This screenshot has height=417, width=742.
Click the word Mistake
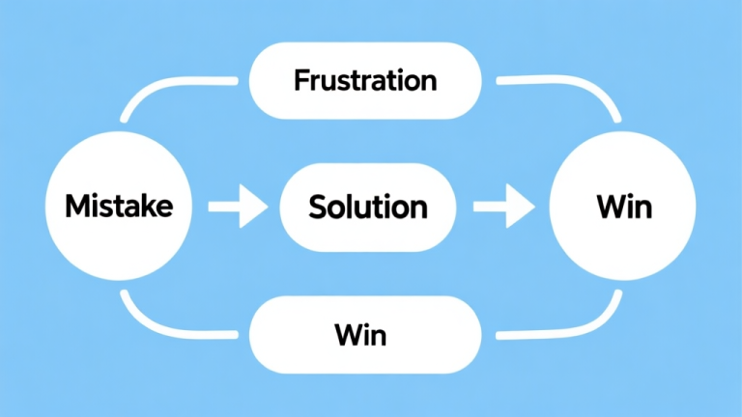(x=119, y=206)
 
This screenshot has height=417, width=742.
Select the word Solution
(x=367, y=206)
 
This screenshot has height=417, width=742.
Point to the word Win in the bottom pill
(x=360, y=336)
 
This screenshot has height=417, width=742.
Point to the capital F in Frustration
(x=301, y=79)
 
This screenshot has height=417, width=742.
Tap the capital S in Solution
(x=317, y=206)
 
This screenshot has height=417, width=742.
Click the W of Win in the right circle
(x=607, y=206)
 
